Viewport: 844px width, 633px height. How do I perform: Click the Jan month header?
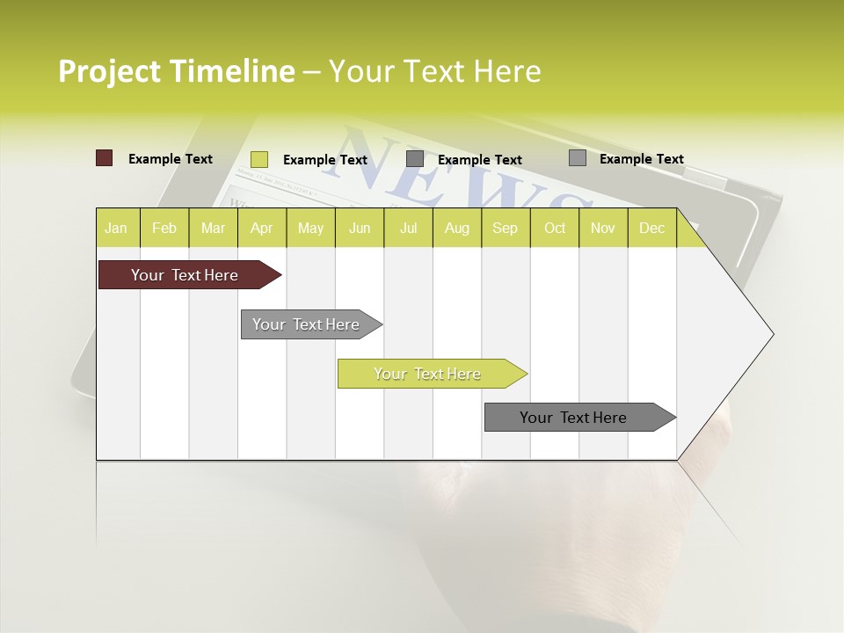point(116,228)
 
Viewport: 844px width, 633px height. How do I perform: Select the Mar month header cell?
point(213,228)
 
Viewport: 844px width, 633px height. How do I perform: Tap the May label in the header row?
point(310,228)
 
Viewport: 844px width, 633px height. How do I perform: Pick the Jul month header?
point(408,228)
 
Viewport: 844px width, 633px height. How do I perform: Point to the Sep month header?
point(505,228)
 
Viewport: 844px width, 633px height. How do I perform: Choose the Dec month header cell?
point(651,228)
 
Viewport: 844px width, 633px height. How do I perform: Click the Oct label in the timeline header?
point(555,228)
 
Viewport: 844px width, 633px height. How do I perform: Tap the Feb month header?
point(164,228)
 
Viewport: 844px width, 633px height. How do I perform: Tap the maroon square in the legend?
point(104,158)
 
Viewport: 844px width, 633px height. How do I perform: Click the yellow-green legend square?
point(259,159)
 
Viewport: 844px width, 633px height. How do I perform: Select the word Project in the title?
point(109,71)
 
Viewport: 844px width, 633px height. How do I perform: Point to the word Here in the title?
point(507,71)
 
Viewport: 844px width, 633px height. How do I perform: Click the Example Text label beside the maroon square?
point(171,159)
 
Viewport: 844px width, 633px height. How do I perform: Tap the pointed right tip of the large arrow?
point(771,334)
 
